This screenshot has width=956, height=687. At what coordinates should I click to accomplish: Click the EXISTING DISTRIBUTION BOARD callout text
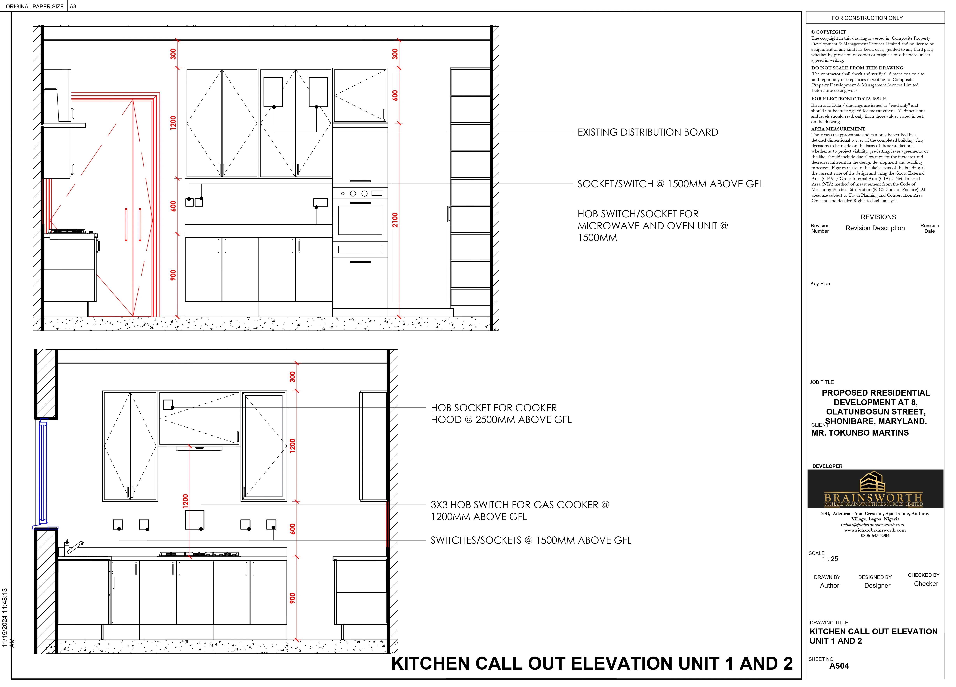click(647, 132)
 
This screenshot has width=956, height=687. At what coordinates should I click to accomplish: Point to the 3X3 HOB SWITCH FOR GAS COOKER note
click(520, 511)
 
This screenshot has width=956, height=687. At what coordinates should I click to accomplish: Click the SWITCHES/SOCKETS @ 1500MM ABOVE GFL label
click(531, 540)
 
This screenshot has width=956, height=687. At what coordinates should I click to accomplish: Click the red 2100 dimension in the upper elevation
click(395, 220)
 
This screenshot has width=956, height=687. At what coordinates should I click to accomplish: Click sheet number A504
click(839, 666)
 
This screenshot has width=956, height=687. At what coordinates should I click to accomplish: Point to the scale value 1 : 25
click(830, 559)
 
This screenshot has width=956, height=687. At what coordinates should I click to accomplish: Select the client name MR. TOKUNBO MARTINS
click(860, 433)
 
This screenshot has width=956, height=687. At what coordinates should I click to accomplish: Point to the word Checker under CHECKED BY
click(926, 584)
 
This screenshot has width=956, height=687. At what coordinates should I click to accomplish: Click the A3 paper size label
click(73, 6)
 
